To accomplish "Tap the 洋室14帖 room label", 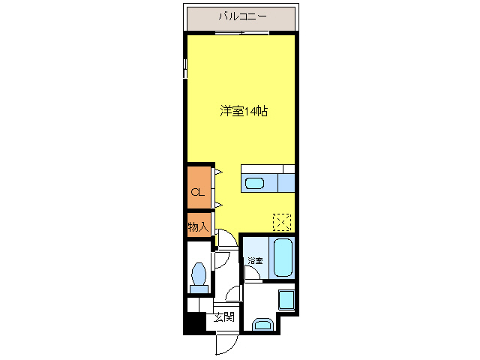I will tap(244, 111).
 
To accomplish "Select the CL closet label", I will tap(197, 193).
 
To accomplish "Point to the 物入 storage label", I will tap(197, 226).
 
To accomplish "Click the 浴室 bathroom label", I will tap(256, 260).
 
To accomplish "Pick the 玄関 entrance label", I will tap(223, 317).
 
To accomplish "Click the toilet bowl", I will tap(200, 275).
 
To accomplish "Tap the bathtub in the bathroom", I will tap(283, 257).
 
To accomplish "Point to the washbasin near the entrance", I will tap(262, 325).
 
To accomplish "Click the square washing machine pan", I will tap(286, 299).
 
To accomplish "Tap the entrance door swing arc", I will tap(223, 343).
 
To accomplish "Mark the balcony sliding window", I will tap(241, 34).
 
